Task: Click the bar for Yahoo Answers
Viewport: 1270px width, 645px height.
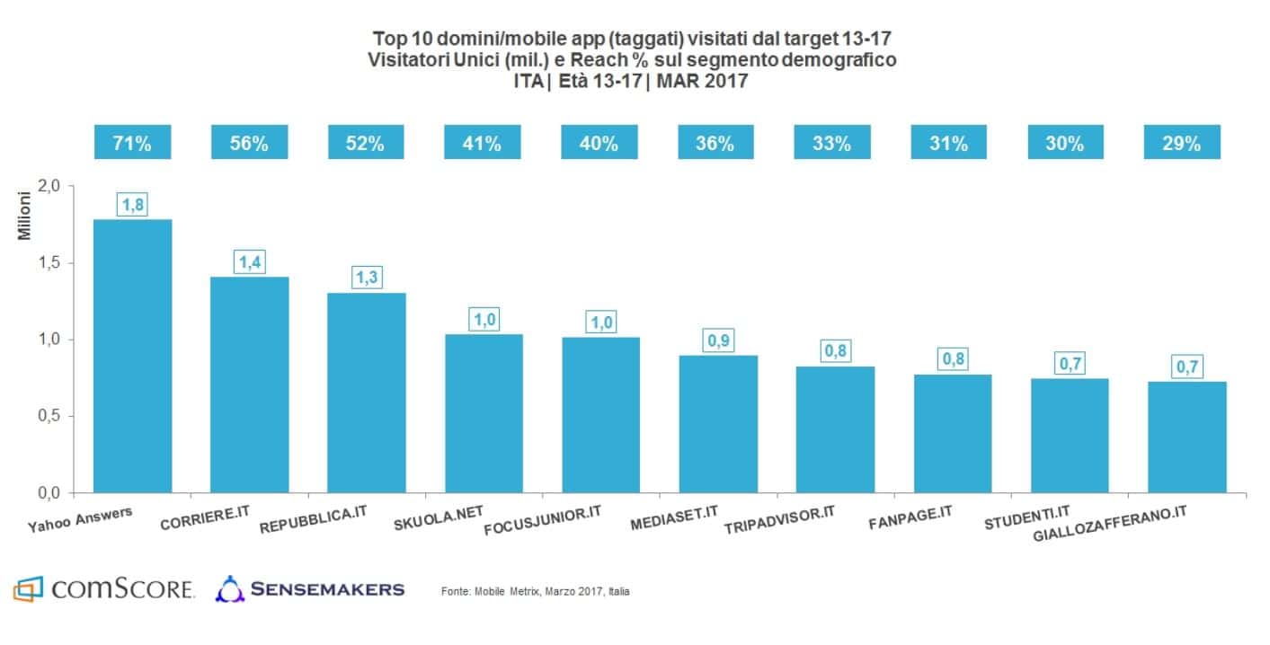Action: pos(132,356)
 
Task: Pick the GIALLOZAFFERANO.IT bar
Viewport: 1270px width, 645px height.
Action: pos(1186,437)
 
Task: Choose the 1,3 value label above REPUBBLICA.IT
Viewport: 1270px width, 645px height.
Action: pos(366,278)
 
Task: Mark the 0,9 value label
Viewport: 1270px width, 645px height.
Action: pos(716,341)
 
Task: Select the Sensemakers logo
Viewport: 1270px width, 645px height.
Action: pos(310,589)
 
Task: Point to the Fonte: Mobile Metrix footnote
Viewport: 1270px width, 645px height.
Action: pos(535,591)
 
